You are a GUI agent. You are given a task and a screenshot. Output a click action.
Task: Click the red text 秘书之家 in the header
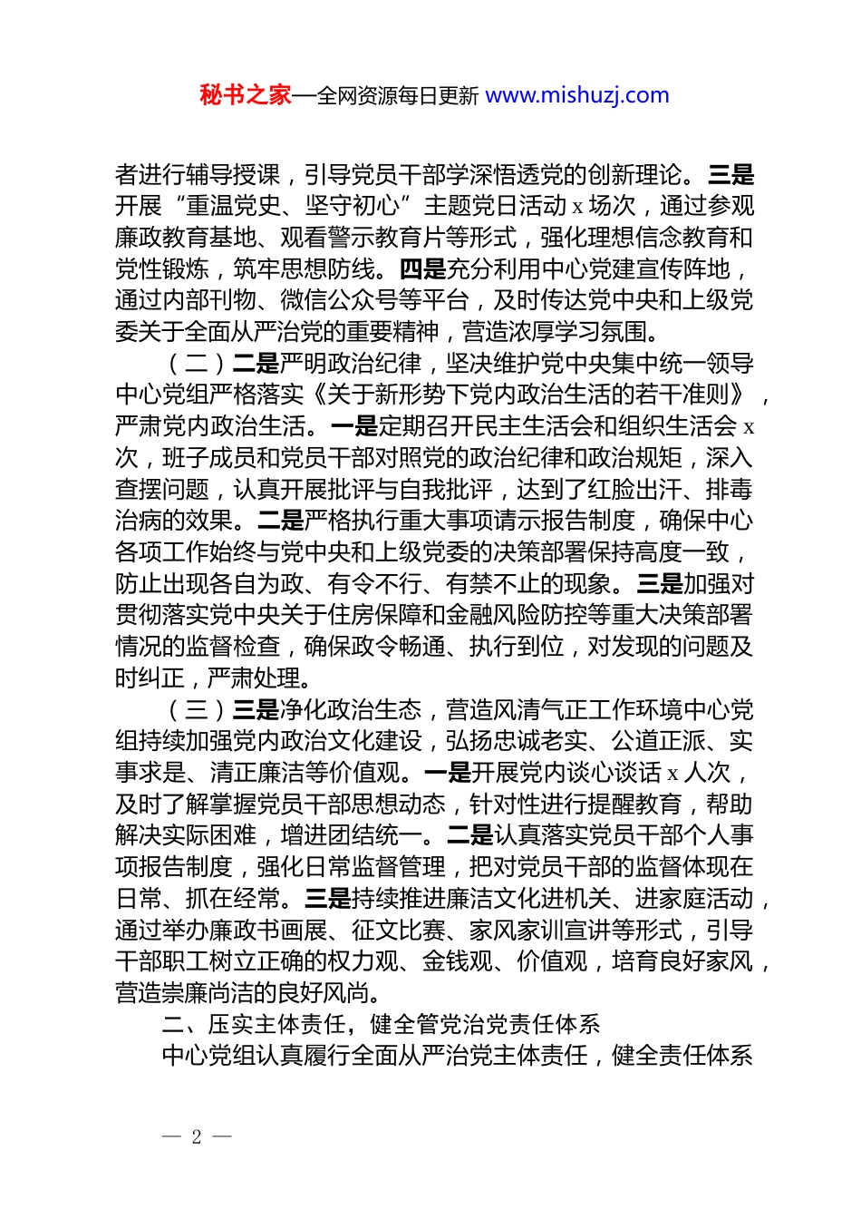(x=246, y=95)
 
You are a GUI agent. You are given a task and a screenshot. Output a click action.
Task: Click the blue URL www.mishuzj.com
(x=577, y=95)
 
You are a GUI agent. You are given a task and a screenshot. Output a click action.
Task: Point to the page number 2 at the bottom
(x=196, y=1136)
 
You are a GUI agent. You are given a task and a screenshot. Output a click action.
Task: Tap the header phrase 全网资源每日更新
(x=397, y=95)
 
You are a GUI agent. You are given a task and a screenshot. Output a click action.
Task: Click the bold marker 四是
(x=422, y=269)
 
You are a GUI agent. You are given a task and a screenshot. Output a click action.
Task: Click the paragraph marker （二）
(x=197, y=364)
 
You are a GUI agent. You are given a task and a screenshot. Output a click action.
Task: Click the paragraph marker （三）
(x=197, y=710)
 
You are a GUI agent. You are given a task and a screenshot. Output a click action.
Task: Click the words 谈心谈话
(x=612, y=773)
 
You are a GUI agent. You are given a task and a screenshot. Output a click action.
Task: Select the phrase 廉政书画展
(x=267, y=931)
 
